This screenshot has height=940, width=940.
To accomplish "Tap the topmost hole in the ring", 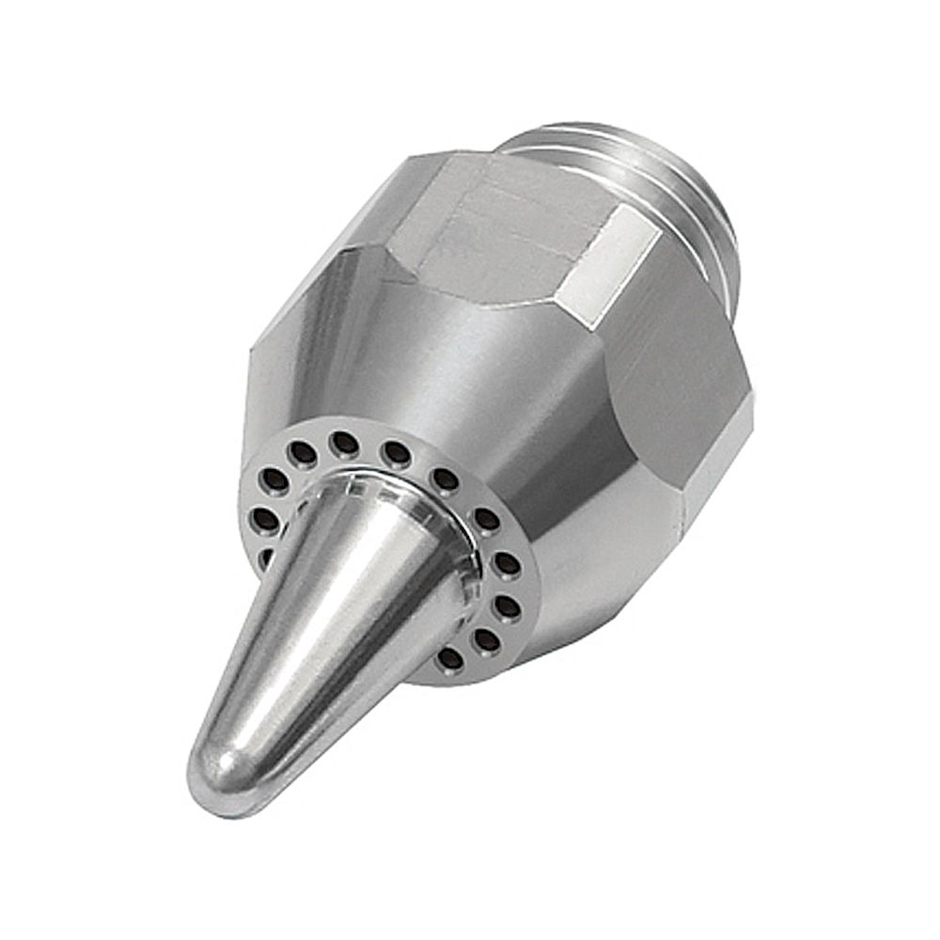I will pos(344,443).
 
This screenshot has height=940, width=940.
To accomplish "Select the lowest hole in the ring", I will pos(450,658).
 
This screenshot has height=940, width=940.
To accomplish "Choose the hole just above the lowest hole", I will pos(486,640).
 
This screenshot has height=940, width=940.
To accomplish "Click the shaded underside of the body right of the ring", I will pos(583,583).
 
